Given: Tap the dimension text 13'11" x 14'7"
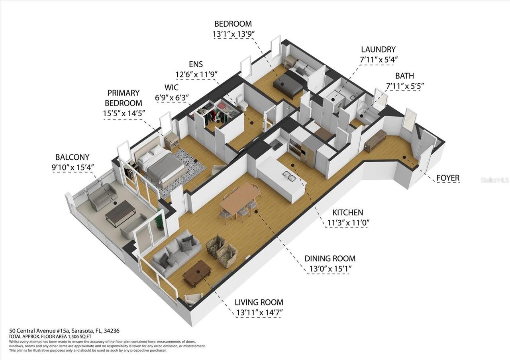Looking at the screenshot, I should point(259,312).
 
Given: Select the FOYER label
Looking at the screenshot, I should point(448,178).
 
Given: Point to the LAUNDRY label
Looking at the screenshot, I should point(378,50).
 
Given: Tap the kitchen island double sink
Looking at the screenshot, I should point(289,176).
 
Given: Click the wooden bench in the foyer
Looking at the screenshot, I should point(375,141).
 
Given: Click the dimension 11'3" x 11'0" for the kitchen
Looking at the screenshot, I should point(345,223).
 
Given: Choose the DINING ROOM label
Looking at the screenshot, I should point(330,258).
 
